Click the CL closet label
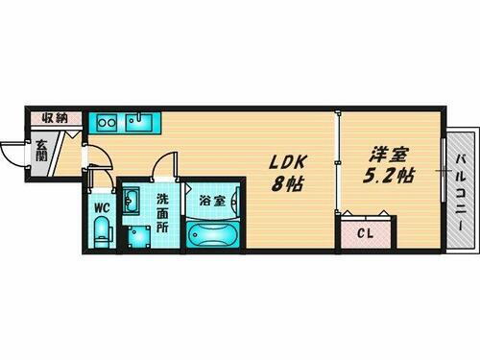click(x=367, y=232)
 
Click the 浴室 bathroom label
click(x=213, y=202)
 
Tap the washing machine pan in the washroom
click(x=134, y=234)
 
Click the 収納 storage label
click(x=54, y=118)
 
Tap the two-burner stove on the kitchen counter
click(x=106, y=122)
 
